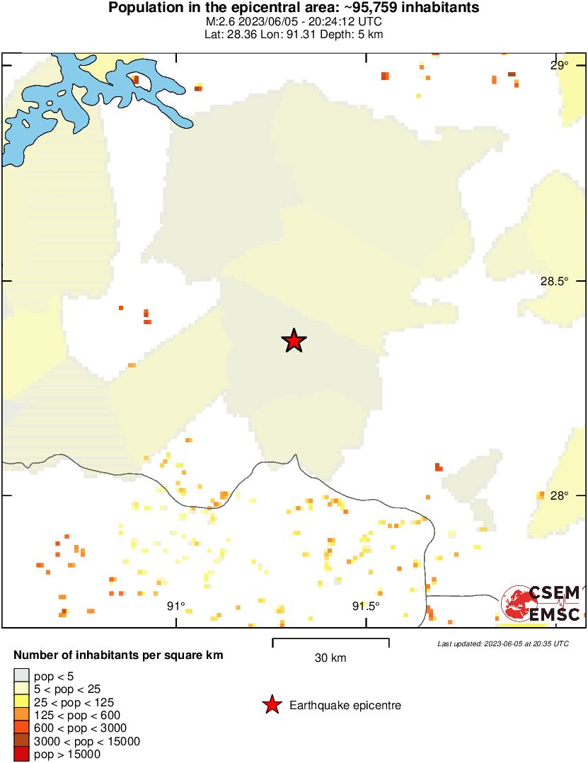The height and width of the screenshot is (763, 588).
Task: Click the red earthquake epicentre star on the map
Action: (x=294, y=341)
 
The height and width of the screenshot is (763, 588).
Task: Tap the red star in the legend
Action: (x=271, y=705)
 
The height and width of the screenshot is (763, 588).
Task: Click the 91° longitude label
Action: (x=175, y=606)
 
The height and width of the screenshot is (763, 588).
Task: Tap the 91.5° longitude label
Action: (x=366, y=606)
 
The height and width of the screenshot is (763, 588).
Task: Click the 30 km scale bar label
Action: (x=330, y=658)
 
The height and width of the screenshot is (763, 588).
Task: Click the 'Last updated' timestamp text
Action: (x=502, y=643)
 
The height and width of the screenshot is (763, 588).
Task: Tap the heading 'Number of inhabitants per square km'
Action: (x=118, y=655)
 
